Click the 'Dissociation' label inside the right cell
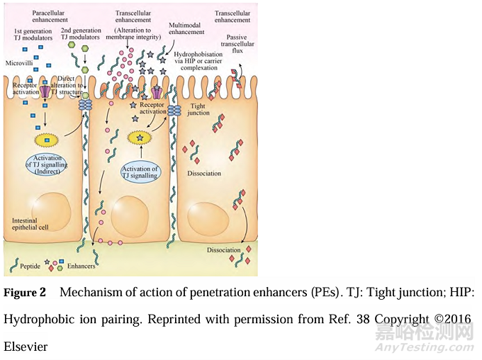pyautogui.click(x=205, y=174)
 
